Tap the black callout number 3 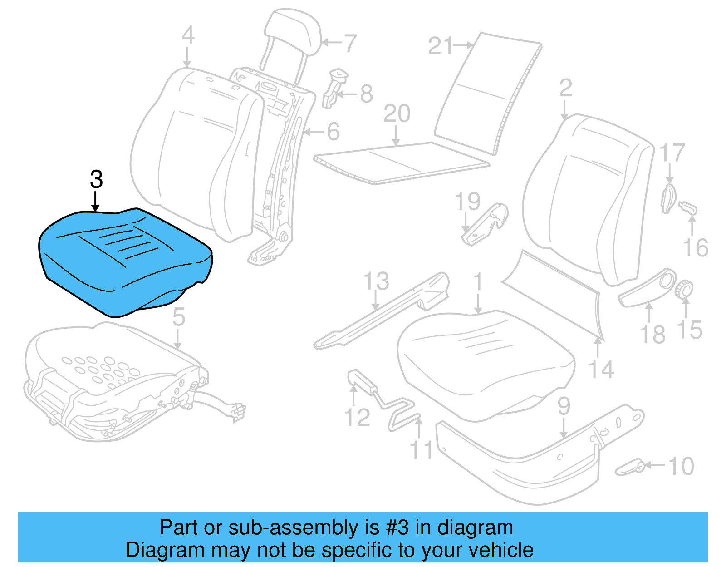[96, 180]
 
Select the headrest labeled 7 [293, 32]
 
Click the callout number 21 [440, 46]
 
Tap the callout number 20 [397, 113]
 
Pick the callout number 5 [178, 316]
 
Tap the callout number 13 [376, 281]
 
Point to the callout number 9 [564, 406]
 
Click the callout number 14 [601, 370]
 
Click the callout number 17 [672, 153]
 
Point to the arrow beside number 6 [314, 132]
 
